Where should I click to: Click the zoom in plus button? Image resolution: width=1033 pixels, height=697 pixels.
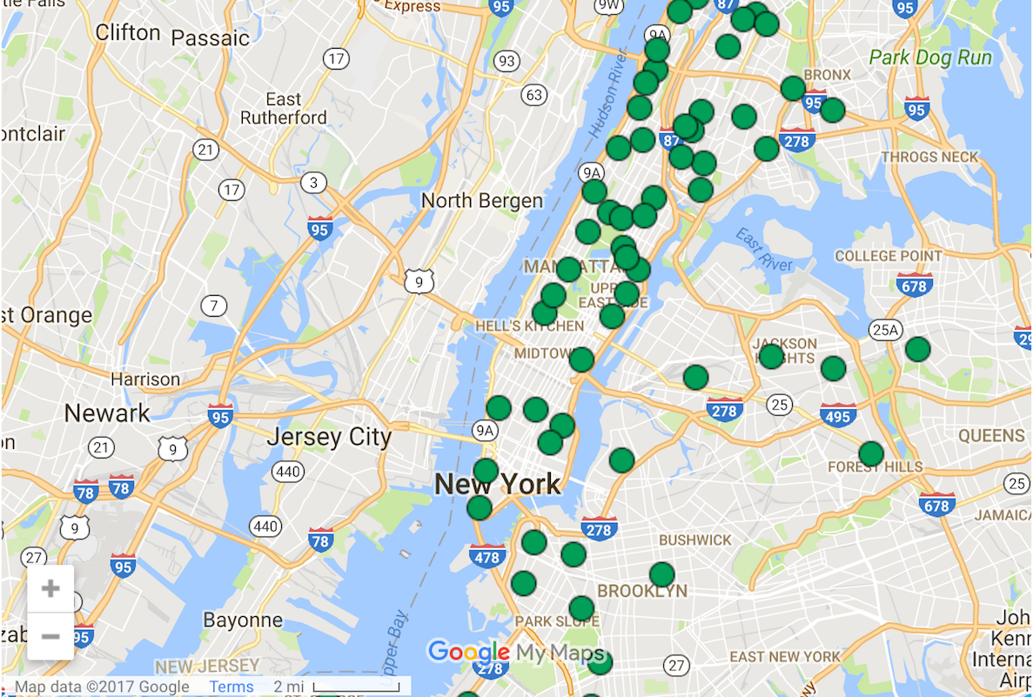[50, 588]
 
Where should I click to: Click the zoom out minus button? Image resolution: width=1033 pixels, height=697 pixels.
[50, 636]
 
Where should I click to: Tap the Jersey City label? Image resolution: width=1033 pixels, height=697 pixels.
[329, 436]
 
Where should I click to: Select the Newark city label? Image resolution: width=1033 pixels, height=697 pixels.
[107, 412]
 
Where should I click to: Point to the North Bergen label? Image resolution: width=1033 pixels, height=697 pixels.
[481, 201]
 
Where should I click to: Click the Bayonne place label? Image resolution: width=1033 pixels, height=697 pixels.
[243, 620]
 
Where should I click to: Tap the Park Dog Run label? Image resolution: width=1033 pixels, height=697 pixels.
[930, 58]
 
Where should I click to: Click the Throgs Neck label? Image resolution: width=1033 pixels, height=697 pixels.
[930, 157]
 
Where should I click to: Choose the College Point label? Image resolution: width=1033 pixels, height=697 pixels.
[888, 256]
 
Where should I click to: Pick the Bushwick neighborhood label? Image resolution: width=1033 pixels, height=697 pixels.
[695, 540]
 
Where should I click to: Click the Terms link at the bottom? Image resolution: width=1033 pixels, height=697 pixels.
[231, 687]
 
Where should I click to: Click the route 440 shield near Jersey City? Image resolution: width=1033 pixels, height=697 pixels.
[287, 472]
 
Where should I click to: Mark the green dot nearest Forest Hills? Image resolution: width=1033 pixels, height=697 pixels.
[870, 454]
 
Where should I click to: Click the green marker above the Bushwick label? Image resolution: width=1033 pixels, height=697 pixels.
[621, 460]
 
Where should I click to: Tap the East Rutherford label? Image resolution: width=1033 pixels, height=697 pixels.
[284, 109]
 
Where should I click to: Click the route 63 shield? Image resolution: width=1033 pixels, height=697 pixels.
[533, 95]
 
